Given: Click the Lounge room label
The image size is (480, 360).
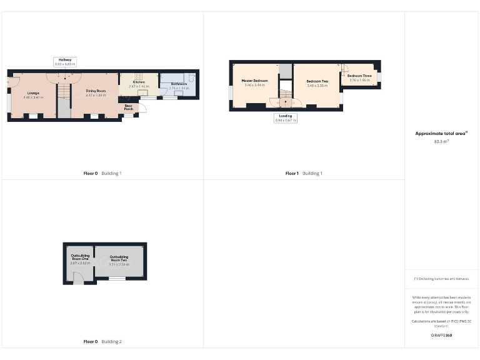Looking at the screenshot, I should click(x=33, y=93).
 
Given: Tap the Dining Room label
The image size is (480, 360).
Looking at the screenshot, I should click(x=96, y=91).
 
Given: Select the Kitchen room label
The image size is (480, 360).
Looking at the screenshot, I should click(x=139, y=82).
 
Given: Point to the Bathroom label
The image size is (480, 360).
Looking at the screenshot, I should click(x=179, y=84).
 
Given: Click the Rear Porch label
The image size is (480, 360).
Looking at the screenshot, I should click(x=129, y=106).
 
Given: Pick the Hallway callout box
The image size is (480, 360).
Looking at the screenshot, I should click(x=64, y=61).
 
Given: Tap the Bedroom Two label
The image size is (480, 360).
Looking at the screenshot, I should click(x=317, y=81).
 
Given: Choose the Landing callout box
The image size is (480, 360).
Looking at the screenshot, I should click(x=285, y=117).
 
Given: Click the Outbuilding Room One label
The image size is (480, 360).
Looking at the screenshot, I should click(x=80, y=257).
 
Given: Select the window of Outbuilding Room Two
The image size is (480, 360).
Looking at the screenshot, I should click(x=116, y=279).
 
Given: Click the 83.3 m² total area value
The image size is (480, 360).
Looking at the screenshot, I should click(x=442, y=141).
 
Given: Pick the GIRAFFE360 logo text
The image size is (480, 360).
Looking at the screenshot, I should click(x=442, y=336).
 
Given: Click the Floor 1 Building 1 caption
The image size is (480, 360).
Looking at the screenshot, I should click(x=304, y=173).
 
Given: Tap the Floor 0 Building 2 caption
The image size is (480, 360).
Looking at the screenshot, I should click(x=102, y=342).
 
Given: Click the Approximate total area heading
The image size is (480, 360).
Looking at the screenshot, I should click(x=441, y=133).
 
